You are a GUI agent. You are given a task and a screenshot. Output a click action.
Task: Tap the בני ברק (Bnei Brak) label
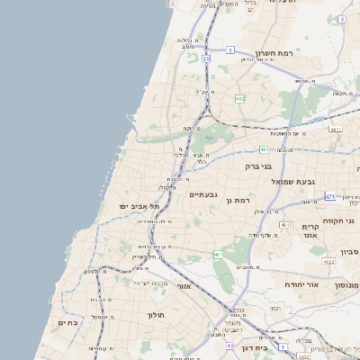click(x=258, y=166)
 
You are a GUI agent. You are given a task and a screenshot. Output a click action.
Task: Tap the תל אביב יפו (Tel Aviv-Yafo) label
click(x=139, y=206)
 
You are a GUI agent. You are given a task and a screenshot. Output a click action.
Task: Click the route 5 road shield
click(x=230, y=49)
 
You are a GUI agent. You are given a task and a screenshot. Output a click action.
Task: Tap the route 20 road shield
click(x=206, y=58)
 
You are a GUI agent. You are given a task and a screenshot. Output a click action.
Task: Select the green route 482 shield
click(x=240, y=98)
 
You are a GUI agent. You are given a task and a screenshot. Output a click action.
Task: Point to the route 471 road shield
click(x=330, y=196)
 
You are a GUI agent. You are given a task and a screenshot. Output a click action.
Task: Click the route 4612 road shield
click(x=286, y=224)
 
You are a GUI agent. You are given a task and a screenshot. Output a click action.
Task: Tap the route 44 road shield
click(x=231, y=346)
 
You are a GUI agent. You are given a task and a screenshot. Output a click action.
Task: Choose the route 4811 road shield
click(x=336, y=130)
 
